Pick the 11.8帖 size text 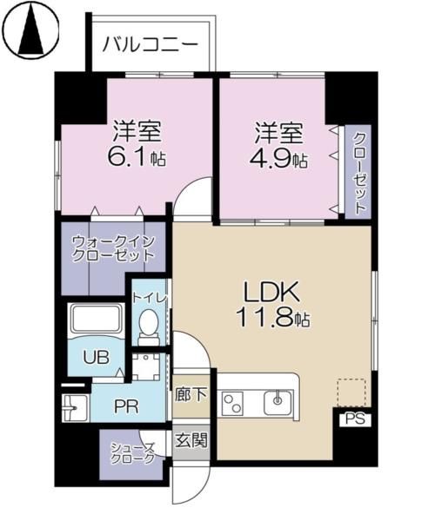tap(271, 318)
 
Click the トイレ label tap(149, 297)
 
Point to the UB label tap(96, 355)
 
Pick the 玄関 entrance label tap(192, 440)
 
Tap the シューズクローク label tap(132, 453)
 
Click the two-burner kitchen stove tap(234, 402)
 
